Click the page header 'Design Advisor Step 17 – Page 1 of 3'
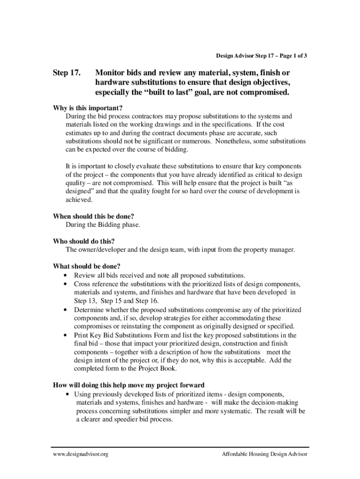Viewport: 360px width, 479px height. click(x=261, y=56)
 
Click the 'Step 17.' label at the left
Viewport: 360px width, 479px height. click(x=67, y=73)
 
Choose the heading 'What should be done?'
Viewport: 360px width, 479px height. click(x=86, y=267)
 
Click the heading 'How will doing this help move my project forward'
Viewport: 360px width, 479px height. click(x=129, y=385)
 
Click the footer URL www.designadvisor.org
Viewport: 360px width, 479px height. click(x=80, y=454)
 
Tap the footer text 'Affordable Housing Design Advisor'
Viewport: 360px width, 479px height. click(x=265, y=454)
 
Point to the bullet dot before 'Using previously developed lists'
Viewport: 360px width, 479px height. click(x=69, y=394)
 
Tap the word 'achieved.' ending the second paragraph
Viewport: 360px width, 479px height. click(x=79, y=200)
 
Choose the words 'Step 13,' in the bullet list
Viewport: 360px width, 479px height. click(x=85, y=301)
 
